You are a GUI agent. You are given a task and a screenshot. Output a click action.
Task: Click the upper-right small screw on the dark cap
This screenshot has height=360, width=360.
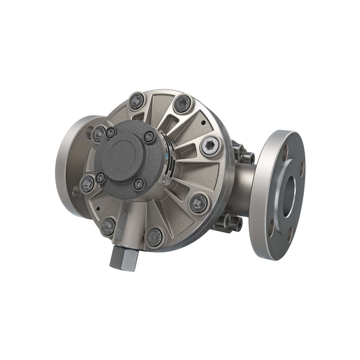(x=149, y=136)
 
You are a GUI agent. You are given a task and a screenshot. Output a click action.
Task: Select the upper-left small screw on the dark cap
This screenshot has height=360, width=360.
(x=110, y=132)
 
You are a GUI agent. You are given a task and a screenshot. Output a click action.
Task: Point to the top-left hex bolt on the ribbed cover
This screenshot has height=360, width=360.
(x=136, y=101)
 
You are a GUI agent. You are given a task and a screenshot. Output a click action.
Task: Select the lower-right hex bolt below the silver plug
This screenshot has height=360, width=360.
(x=199, y=203)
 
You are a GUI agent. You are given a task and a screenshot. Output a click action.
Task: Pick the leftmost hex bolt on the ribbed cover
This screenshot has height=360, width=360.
(x=87, y=183)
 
